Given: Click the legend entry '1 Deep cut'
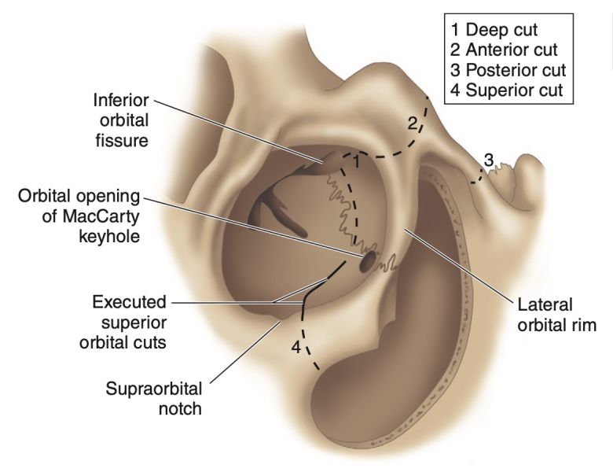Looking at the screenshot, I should tap(494, 31).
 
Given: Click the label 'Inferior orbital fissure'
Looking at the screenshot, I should tap(121, 121).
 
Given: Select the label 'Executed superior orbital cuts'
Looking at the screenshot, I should tap(129, 322).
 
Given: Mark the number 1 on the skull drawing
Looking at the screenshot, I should tap(355, 162).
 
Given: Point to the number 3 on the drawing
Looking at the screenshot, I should tap(488, 160).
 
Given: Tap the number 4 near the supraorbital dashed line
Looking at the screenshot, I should tap(296, 346).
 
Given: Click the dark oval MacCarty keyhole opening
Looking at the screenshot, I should tap(367, 262).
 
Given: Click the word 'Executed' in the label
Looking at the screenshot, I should tap(129, 302).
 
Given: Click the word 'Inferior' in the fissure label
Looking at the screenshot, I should tap(121, 101).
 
